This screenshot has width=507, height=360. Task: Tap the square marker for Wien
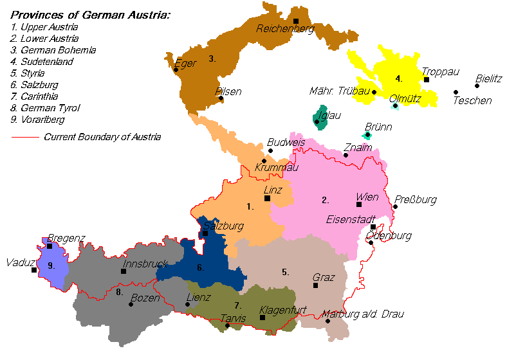(358, 204)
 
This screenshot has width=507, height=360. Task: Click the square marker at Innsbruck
(123, 271)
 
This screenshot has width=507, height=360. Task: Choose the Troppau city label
(436, 71)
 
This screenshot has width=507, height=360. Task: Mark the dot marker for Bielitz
(477, 85)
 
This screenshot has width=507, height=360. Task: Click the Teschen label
(472, 100)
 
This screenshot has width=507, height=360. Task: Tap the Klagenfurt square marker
(262, 318)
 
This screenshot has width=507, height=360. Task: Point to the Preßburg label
(416, 199)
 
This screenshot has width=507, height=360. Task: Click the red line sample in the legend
(25, 137)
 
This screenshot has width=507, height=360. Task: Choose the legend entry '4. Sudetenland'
(42, 62)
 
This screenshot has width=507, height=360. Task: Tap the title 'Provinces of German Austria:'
(90, 15)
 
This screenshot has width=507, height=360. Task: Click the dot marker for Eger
(176, 69)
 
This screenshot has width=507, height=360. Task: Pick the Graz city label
(324, 278)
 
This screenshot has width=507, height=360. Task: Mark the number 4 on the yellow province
(399, 79)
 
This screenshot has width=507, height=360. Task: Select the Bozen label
(145, 298)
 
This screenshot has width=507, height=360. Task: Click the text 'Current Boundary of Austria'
(102, 137)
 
